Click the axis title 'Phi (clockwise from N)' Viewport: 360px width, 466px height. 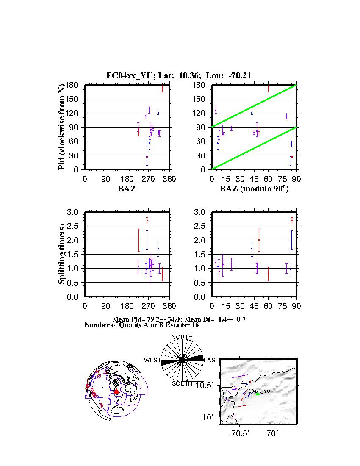pos(62,127)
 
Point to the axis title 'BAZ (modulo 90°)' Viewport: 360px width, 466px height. pos(254,189)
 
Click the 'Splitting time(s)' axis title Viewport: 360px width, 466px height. pos(62,254)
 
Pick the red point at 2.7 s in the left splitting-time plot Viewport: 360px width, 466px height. pos(147,220)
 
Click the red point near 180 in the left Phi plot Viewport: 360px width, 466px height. pos(162,86)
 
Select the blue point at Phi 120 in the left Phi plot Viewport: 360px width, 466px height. pos(158,113)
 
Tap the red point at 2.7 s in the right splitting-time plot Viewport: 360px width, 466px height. pos(292,220)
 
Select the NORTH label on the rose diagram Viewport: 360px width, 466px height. pos(182,337)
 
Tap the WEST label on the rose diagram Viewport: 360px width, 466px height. pos(152,360)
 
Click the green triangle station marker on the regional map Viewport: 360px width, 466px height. pos(258,394)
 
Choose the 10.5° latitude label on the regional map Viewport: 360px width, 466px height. pos(209,385)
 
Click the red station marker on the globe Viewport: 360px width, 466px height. pos(117,392)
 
